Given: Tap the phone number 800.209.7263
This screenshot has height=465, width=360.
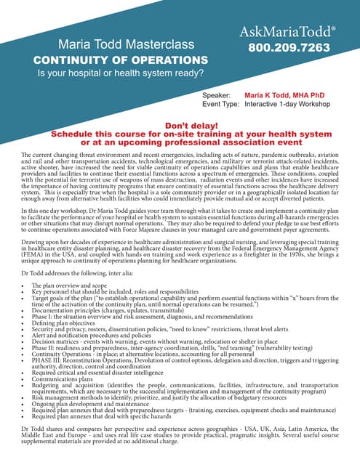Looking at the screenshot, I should pyautogui.click(x=289, y=48).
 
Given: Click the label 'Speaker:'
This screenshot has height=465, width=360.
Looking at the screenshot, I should pyautogui.click(x=216, y=95).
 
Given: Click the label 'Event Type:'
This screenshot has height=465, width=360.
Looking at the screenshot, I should pyautogui.click(x=220, y=105).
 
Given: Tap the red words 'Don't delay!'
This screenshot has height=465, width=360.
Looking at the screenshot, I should pyautogui.click(x=180, y=125).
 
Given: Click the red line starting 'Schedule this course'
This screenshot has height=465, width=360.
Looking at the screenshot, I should pyautogui.click(x=180, y=134).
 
